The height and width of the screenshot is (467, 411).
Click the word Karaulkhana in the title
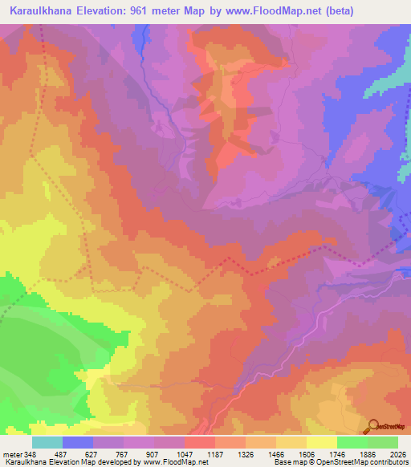click(39, 11)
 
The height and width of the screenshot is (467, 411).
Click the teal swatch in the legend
click(47, 442)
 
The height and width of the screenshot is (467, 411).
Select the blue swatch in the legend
click(77, 442)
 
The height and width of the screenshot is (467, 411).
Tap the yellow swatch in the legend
click(321, 442)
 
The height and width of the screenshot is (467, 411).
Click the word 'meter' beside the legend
click(12, 453)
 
